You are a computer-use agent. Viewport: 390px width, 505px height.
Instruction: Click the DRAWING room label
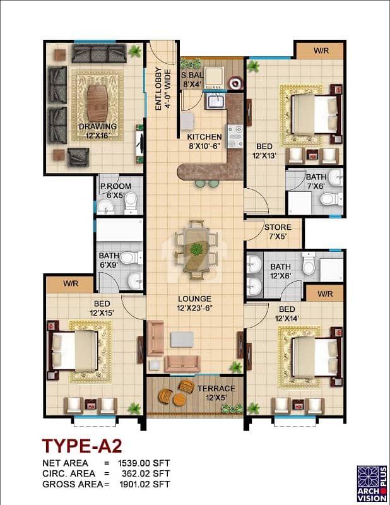98,127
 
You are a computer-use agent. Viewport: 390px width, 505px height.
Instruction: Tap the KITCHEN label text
204,137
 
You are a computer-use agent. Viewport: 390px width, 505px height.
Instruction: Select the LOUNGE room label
194,299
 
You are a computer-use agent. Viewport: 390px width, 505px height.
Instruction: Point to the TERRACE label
216,389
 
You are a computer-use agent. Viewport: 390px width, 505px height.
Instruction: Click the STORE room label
278,227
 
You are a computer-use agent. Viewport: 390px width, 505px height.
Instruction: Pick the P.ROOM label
115,186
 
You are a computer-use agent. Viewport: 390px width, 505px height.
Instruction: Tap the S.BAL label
192,75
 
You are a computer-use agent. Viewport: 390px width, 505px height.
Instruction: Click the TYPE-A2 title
82,446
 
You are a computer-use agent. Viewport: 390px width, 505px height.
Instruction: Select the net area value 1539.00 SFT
144,463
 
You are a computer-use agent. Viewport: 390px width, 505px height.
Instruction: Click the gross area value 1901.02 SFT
145,484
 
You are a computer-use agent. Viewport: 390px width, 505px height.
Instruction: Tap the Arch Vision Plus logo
372,483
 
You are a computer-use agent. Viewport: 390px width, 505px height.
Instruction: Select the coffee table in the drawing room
97,104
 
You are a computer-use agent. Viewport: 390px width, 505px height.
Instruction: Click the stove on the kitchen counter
235,136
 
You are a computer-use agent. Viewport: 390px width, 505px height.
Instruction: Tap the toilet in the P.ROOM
131,203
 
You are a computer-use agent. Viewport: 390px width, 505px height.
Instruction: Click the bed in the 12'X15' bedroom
74,350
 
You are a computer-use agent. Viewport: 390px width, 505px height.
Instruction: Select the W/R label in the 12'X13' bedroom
321,50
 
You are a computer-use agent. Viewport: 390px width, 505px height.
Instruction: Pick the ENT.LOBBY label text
158,89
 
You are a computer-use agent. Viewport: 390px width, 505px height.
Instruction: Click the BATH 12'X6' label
280,271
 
